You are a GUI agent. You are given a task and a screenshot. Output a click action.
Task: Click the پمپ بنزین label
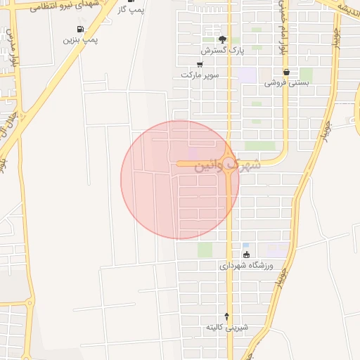pos(81,41)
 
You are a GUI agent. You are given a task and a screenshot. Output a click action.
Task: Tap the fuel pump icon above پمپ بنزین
pos(80,30)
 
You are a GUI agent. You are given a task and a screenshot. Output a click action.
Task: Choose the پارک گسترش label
pos(218,51)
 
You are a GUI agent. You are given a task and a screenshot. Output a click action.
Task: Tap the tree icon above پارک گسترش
pos(222,39)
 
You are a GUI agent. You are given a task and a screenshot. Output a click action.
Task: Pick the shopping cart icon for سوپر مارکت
pos(200,64)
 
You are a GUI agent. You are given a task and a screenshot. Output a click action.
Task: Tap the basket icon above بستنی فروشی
pos(286,72)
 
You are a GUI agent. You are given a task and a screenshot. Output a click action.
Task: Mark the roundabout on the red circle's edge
pos(230,163)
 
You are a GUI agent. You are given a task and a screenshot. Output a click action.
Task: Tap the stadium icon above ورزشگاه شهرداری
pos(245,255)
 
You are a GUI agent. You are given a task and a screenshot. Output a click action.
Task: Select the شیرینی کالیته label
pos(227,328)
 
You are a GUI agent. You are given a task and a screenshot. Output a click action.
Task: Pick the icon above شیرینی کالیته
pos(226,316)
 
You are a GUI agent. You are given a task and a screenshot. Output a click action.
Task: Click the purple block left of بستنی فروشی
pos(247,74)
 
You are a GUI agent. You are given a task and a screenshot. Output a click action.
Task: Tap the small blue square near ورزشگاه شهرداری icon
pos(245,245)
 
